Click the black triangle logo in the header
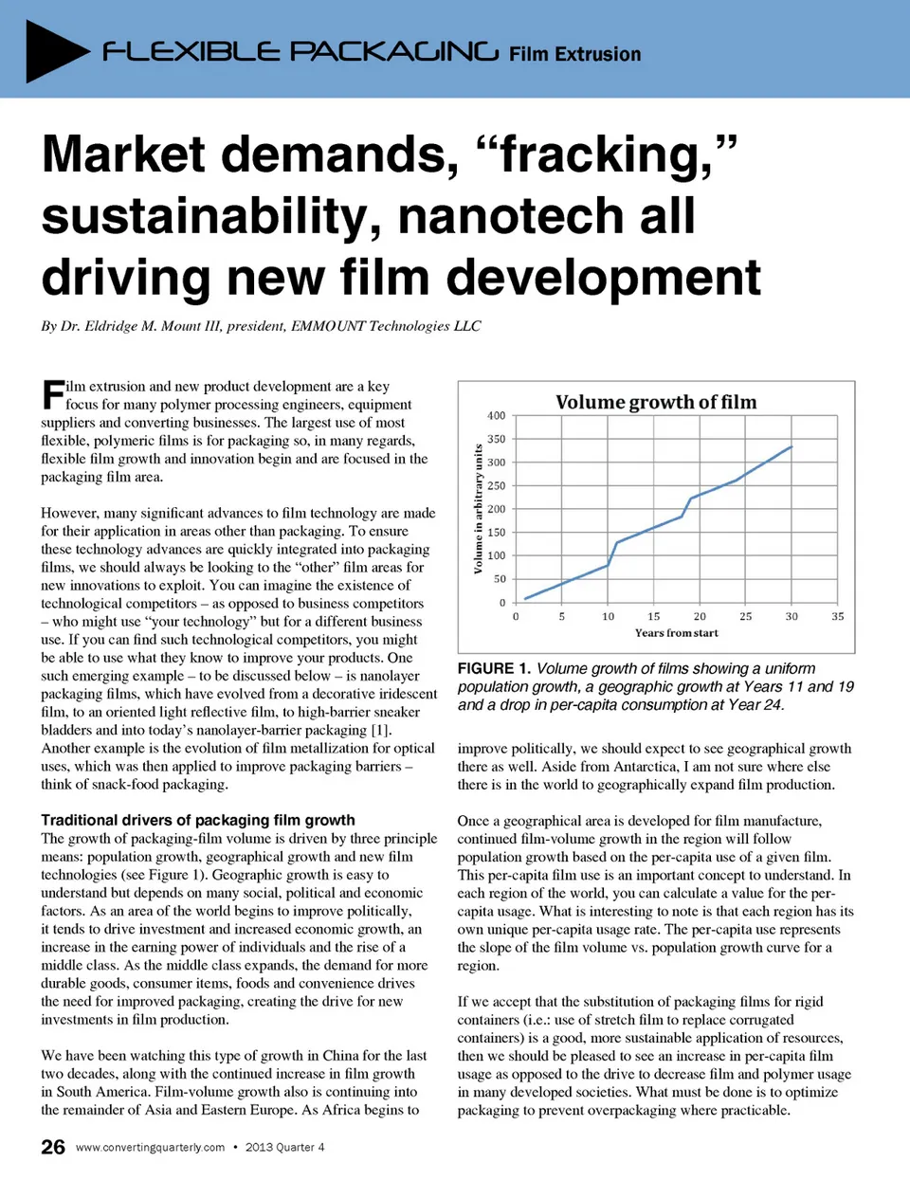[x=55, y=50]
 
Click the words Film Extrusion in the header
[x=574, y=54]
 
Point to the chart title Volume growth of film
[x=656, y=402]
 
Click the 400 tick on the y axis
[x=496, y=416]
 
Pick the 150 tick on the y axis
[x=496, y=533]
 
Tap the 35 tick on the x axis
[x=837, y=616]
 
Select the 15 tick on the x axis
[x=654, y=616]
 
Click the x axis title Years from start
[x=676, y=633]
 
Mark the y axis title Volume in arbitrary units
[x=478, y=509]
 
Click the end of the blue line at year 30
[x=792, y=446]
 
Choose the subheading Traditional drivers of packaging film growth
[x=198, y=820]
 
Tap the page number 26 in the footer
[x=53, y=1147]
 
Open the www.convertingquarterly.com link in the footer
[x=150, y=1147]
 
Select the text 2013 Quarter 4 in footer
[x=284, y=1147]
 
